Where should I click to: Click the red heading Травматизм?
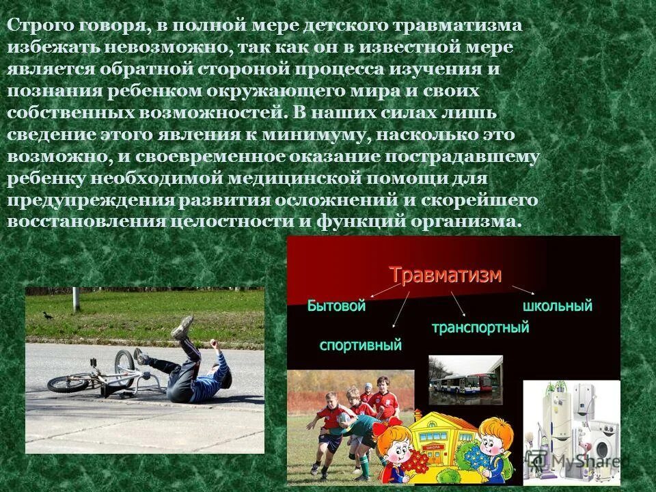(446, 275)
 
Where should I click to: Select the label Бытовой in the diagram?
(336, 306)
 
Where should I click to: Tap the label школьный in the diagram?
(558, 305)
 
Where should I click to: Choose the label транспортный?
(480, 327)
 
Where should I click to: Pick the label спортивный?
(360, 345)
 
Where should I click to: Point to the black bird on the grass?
(47, 315)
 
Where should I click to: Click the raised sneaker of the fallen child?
(183, 327)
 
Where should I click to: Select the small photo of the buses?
(465, 379)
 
